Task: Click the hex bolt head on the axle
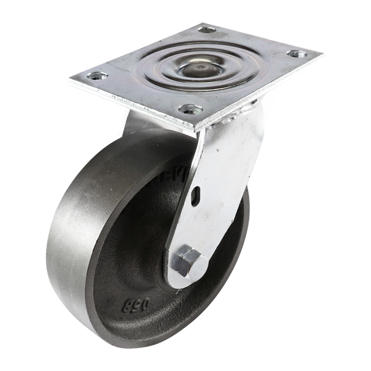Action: coord(189,262)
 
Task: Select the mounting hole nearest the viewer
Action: coord(191,110)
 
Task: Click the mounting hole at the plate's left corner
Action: coord(97,75)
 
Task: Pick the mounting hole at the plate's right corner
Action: coord(296,54)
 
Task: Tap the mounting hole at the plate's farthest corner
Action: coord(207,30)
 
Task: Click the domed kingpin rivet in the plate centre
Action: coord(197,69)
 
